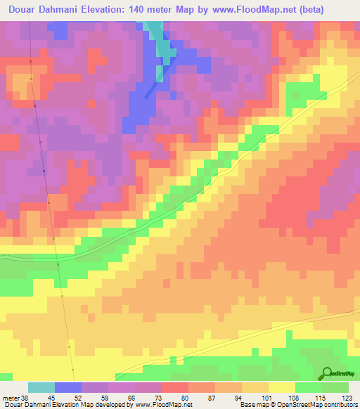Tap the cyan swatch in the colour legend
[x=41, y=387]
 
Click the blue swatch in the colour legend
[x=68, y=387]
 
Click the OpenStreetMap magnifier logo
[x=326, y=373]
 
